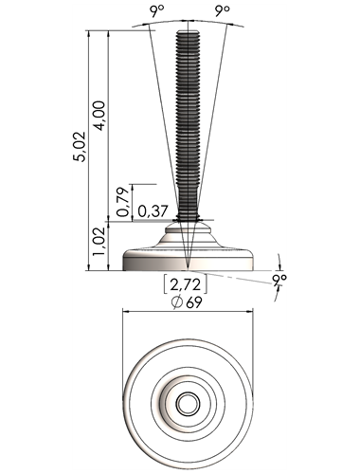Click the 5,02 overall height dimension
79,146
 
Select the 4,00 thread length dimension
99,116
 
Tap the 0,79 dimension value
123,201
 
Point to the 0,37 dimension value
153,211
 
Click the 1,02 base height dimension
99,242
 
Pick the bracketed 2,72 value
186,284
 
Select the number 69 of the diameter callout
194,303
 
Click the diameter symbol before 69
177,302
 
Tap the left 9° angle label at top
157,11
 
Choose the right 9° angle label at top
223,11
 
